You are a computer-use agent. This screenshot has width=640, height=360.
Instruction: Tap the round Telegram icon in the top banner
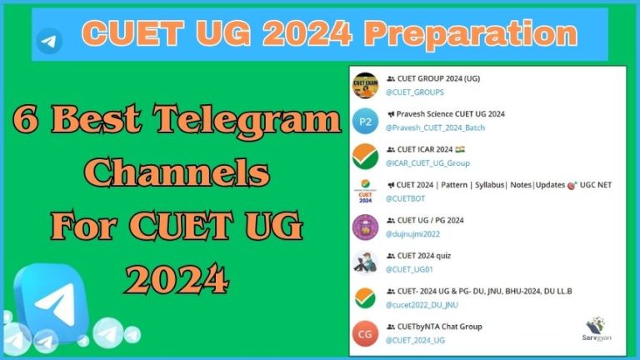click(49, 39)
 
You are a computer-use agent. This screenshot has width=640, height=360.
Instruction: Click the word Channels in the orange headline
click(179, 174)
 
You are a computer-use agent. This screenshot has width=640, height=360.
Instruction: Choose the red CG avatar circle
click(365, 333)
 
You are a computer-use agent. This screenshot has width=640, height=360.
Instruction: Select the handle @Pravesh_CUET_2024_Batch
click(435, 127)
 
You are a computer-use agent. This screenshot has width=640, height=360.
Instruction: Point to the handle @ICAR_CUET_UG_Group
click(427, 162)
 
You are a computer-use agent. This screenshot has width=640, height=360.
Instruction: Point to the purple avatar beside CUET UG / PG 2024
click(365, 227)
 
